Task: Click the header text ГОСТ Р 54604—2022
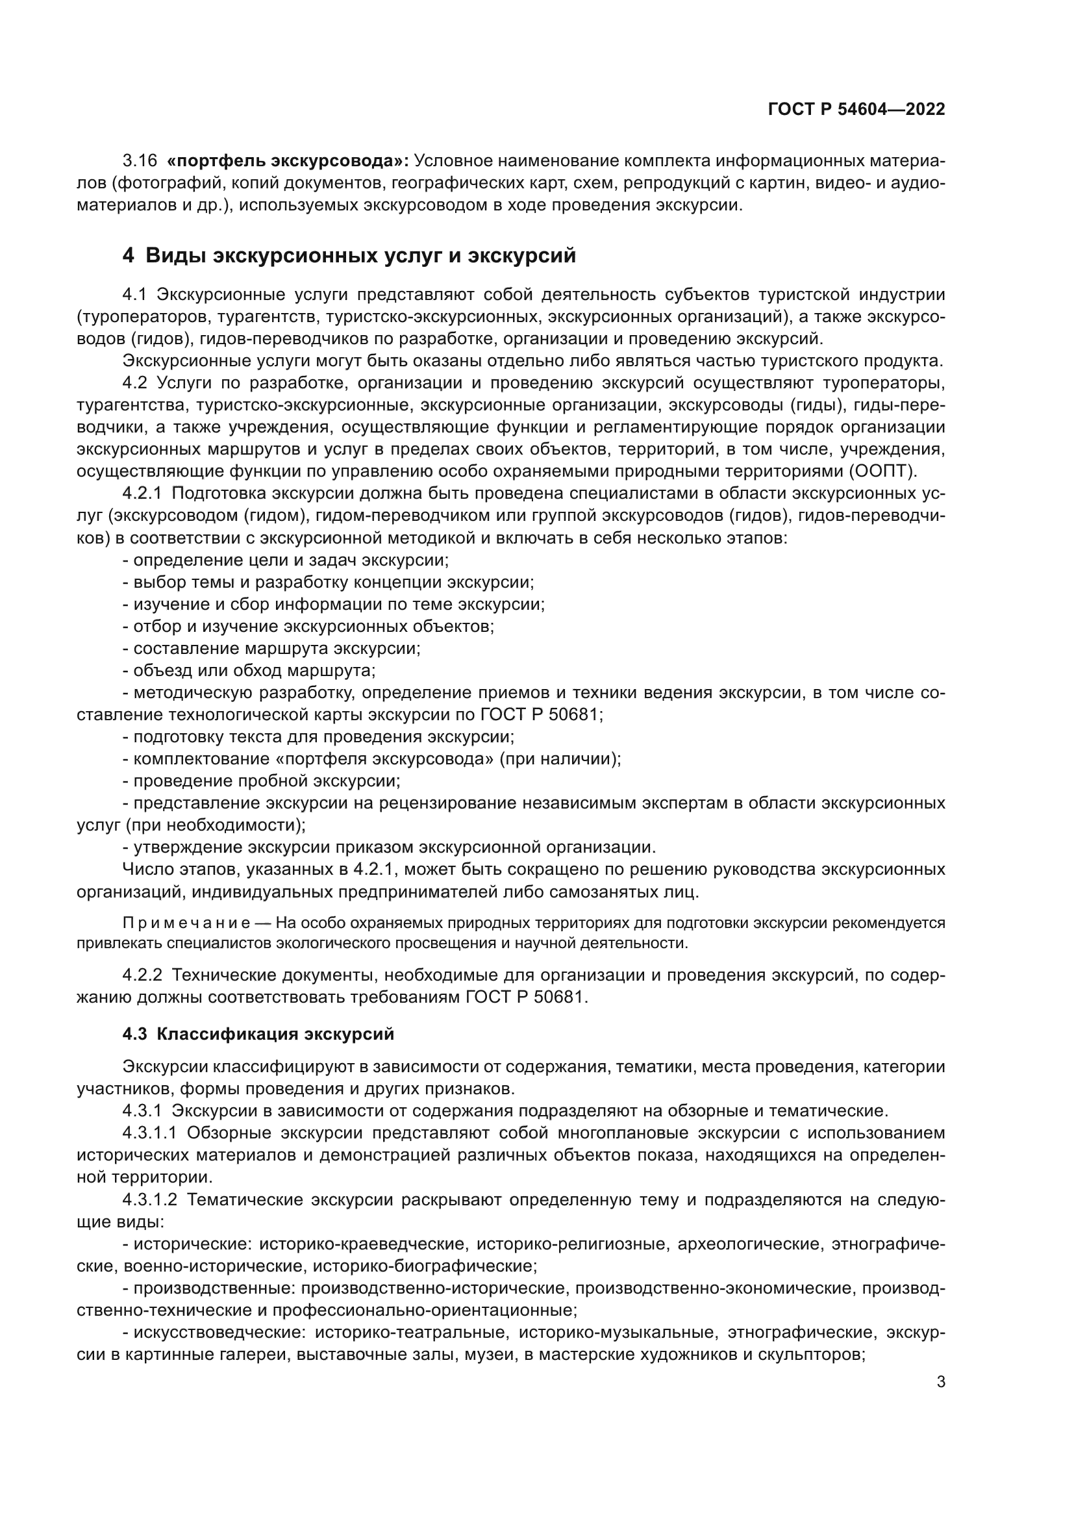(x=856, y=110)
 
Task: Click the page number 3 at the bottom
(x=940, y=1381)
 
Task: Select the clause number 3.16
(x=140, y=161)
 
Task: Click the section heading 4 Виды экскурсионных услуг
(x=349, y=255)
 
